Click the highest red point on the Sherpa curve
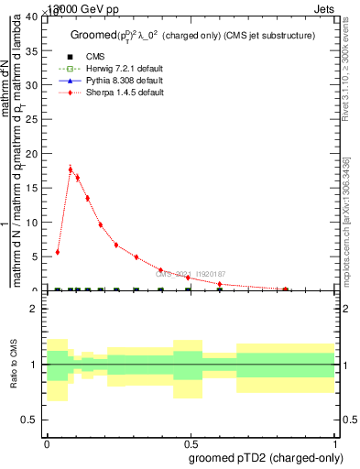pos(71,169)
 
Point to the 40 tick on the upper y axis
pos(35,17)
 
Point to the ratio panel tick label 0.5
pos(33,420)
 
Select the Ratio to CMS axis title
pos(14,365)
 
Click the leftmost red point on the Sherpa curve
pos(58,252)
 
